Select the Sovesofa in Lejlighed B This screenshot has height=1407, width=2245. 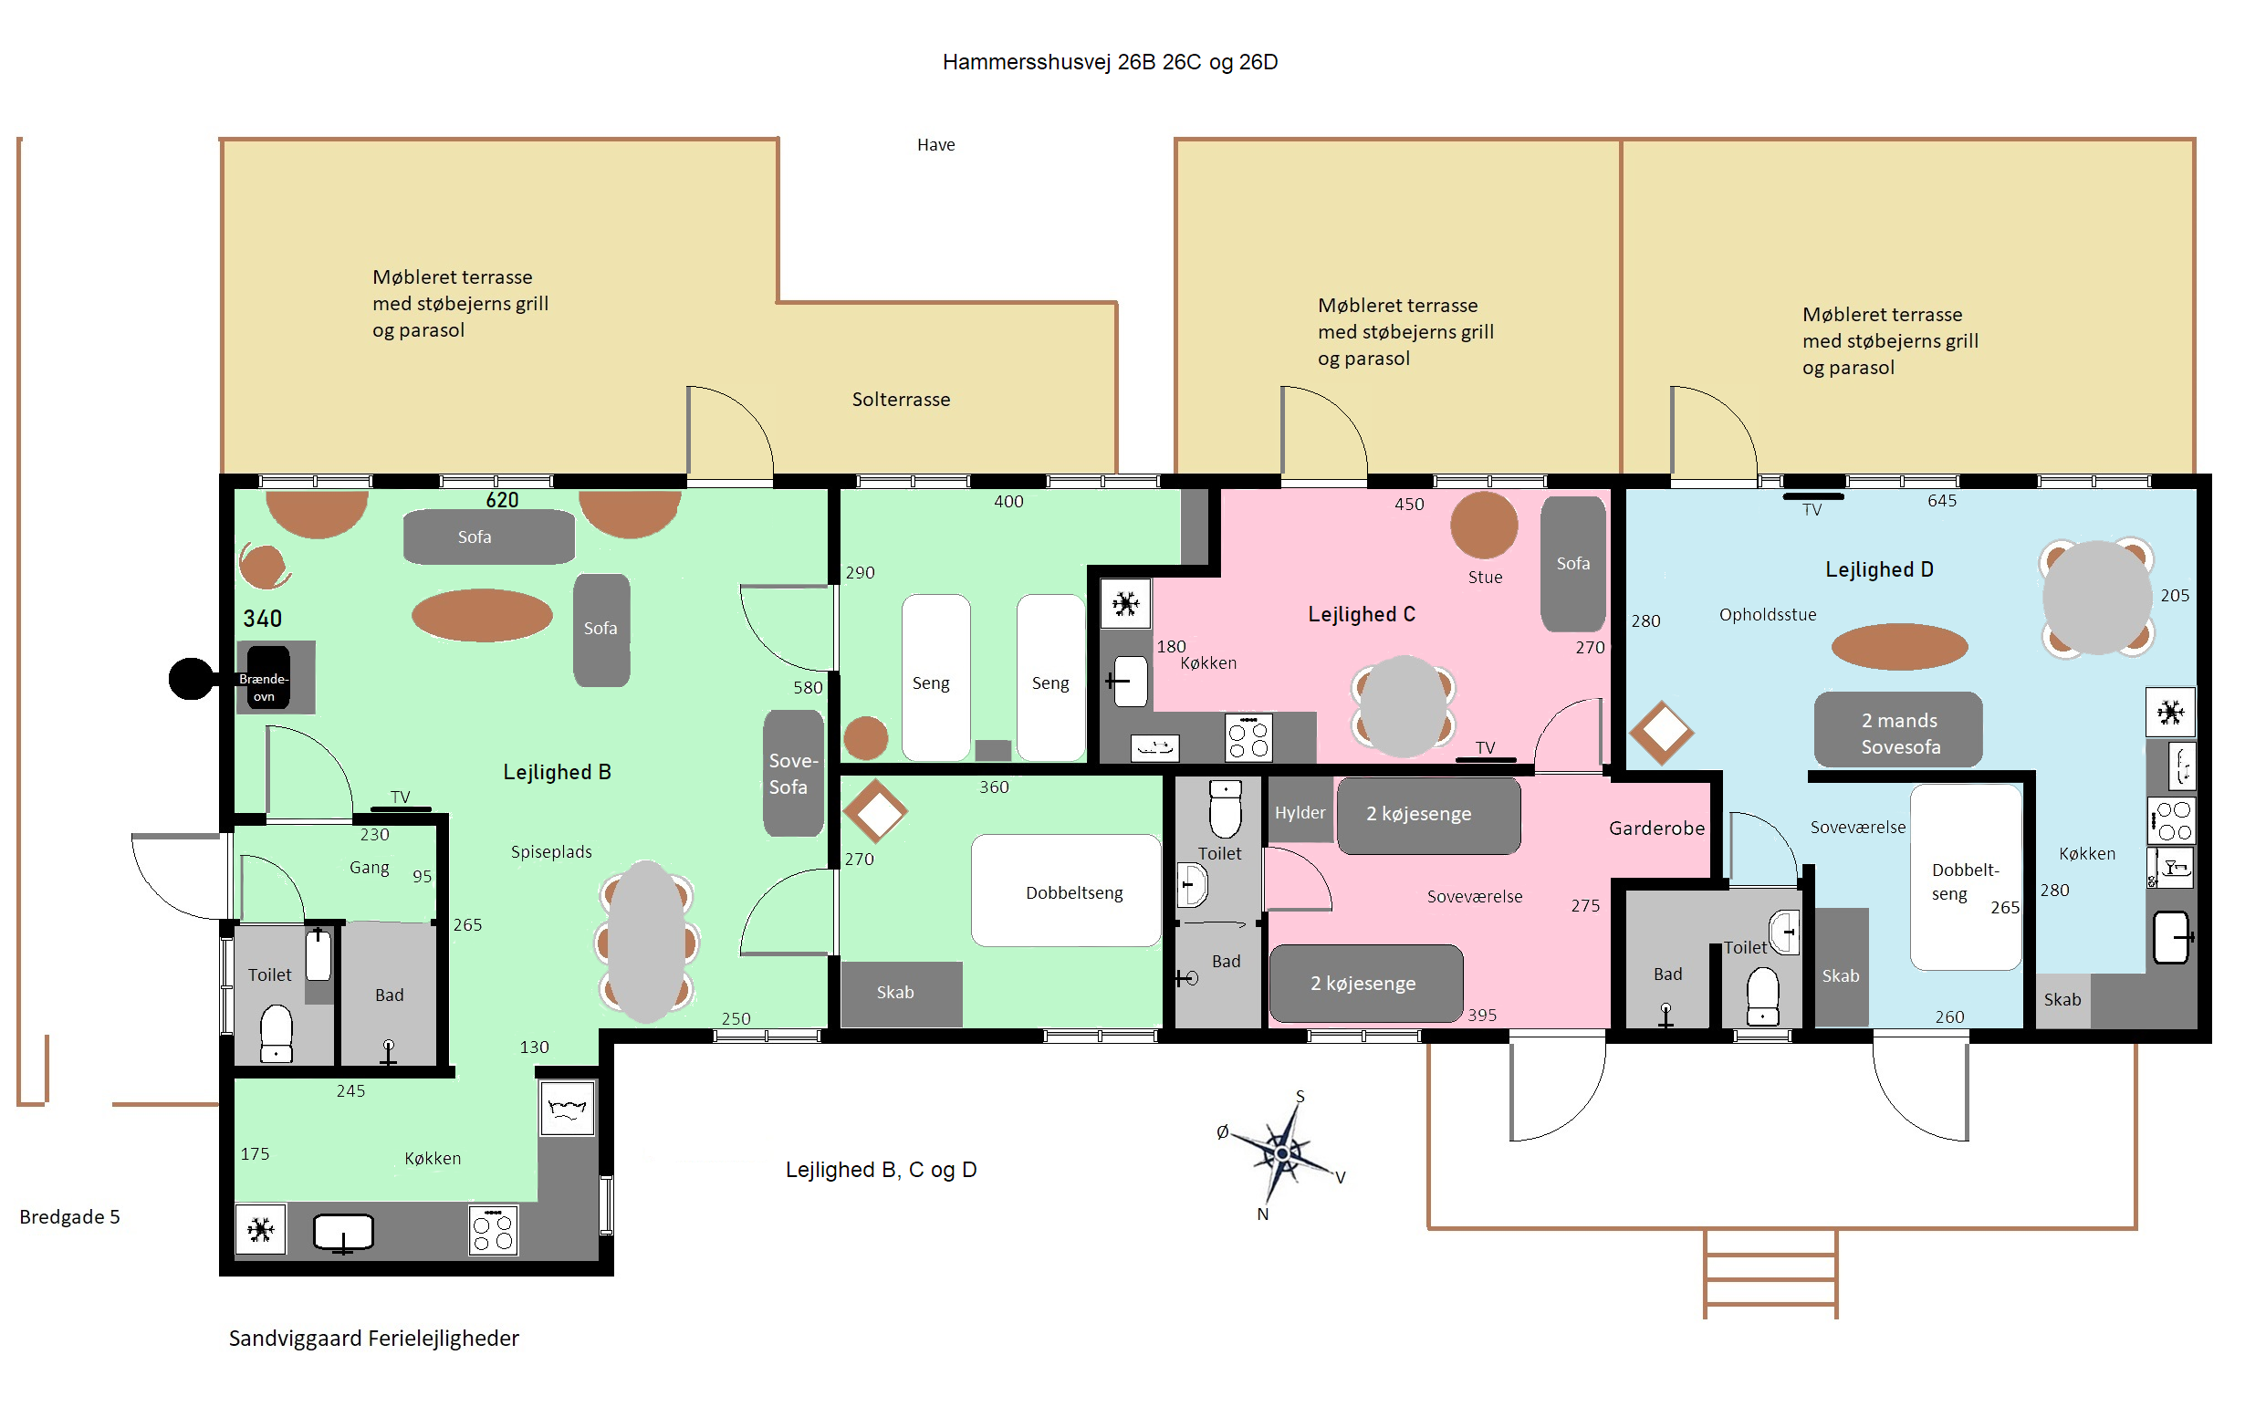(793, 773)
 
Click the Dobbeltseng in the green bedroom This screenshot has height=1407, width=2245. (1066, 891)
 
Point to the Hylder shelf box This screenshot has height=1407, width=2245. (1300, 811)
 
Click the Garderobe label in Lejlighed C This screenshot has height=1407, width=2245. (1656, 829)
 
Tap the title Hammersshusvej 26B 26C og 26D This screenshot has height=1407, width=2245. (1110, 62)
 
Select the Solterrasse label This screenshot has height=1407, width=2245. (901, 400)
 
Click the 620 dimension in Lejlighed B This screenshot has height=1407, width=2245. (502, 500)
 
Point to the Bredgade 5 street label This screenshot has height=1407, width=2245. (69, 1217)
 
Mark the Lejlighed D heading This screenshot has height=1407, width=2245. (1879, 569)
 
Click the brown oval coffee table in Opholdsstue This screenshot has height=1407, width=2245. (1899, 647)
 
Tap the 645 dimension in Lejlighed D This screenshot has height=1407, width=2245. (1942, 501)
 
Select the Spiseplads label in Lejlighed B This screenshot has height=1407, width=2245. (551, 852)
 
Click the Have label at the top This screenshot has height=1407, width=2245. (935, 145)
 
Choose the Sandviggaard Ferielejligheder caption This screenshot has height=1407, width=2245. (374, 1339)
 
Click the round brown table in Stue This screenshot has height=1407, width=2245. (1484, 526)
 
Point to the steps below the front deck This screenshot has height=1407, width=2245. (1770, 1273)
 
